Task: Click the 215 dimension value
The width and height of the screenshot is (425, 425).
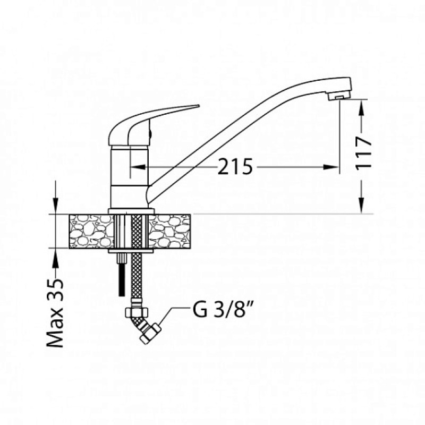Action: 235,167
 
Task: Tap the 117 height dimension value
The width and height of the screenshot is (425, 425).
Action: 363,154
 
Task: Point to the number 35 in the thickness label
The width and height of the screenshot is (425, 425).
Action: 55,289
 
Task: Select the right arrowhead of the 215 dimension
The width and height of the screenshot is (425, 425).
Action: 330,167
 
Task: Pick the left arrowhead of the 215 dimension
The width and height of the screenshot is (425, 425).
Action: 138,167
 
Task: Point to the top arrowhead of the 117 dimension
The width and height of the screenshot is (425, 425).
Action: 361,107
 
